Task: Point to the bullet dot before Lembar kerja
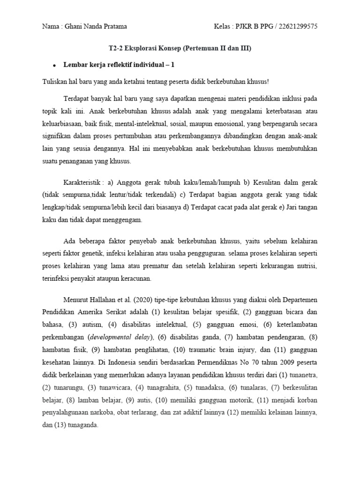(54, 66)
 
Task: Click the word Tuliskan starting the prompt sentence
(54, 81)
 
